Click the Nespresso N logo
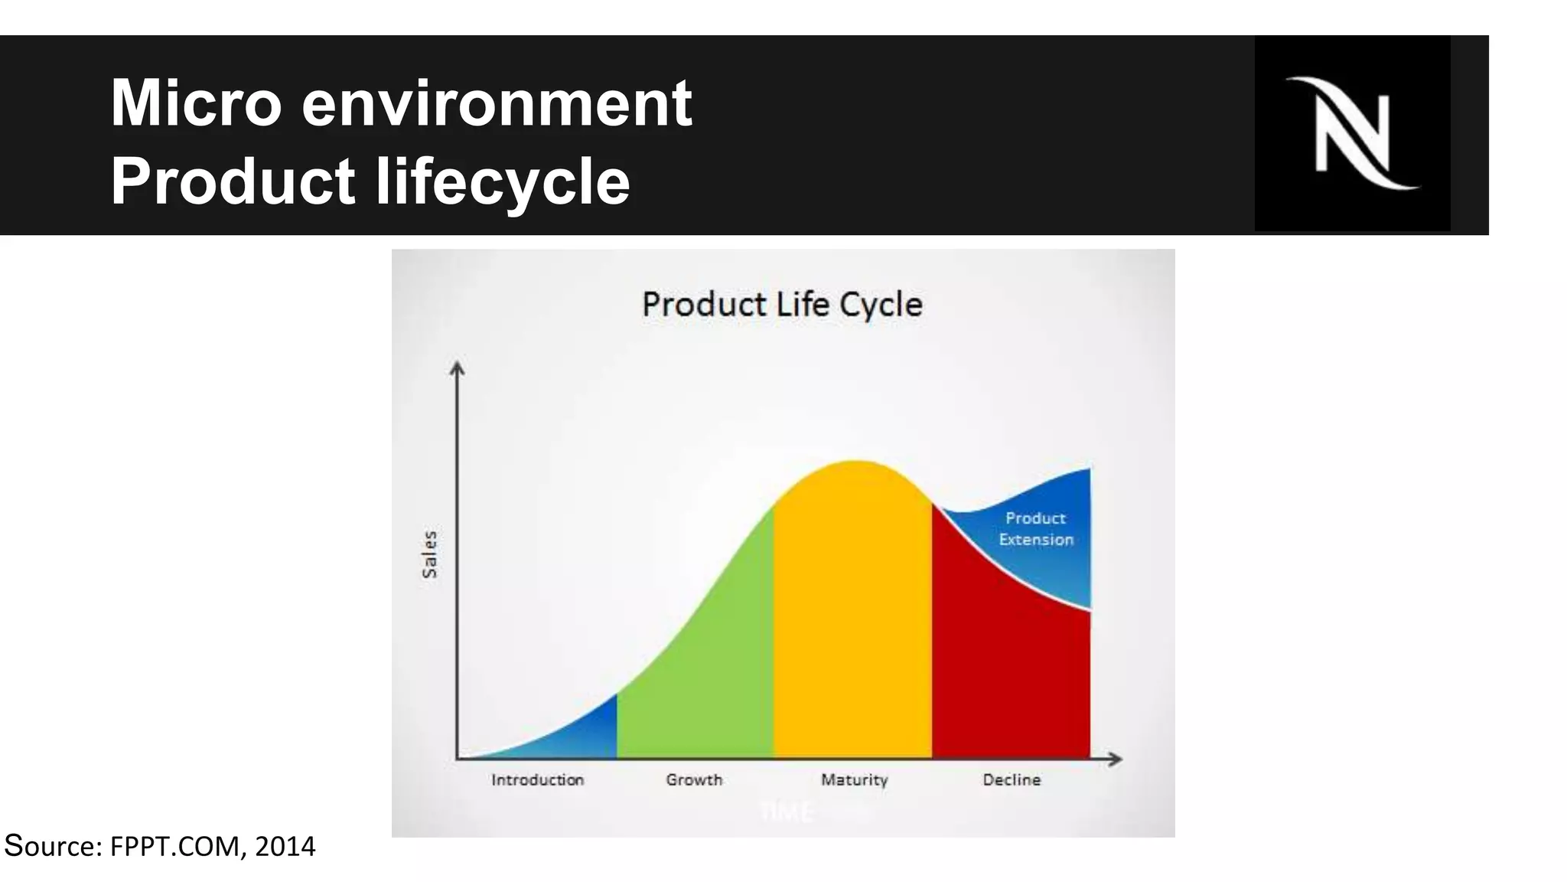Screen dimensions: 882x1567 pos(1352,133)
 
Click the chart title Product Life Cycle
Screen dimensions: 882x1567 pos(782,305)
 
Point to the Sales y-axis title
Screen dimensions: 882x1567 pos(430,554)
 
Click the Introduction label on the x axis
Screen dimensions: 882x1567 pos(537,780)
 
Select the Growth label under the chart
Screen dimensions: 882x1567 pos(694,780)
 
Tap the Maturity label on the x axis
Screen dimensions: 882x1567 pos(854,780)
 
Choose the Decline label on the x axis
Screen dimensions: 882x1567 pos(1012,780)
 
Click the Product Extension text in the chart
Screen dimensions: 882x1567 pos(1036,529)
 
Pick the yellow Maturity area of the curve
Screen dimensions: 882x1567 pos(853,612)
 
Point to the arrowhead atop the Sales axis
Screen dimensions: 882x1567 pos(457,368)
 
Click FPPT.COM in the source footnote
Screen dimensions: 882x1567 pos(178,847)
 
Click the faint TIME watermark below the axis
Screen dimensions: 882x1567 pos(786,812)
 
